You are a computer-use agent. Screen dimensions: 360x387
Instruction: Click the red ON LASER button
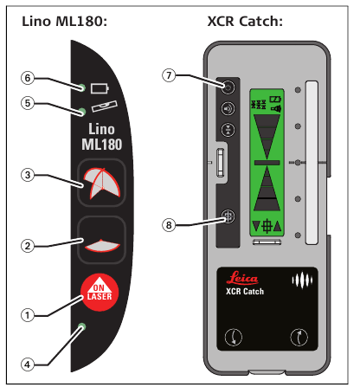pyautogui.click(x=100, y=293)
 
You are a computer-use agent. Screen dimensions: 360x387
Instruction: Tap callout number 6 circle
pyautogui.click(x=28, y=78)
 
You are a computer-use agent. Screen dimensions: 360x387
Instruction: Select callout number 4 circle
pyautogui.click(x=28, y=364)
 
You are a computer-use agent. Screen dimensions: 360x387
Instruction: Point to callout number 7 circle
pyautogui.click(x=169, y=75)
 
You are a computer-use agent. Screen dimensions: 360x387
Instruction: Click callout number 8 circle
pyautogui.click(x=169, y=225)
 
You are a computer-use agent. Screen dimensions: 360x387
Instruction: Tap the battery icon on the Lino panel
pyautogui.click(x=100, y=88)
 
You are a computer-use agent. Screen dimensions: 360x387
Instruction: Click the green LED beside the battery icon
pyautogui.click(x=82, y=87)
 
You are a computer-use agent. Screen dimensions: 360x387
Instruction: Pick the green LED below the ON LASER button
pyautogui.click(x=82, y=326)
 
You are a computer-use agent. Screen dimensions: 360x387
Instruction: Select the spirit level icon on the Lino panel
pyautogui.click(x=105, y=106)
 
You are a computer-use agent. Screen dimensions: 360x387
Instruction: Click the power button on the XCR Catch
pyautogui.click(x=228, y=87)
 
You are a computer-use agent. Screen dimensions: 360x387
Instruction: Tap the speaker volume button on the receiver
pyautogui.click(x=228, y=109)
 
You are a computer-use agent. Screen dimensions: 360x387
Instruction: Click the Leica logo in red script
pyautogui.click(x=242, y=278)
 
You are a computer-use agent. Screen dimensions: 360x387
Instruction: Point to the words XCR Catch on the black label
pyautogui.click(x=245, y=292)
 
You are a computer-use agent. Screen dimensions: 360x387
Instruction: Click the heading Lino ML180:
pyautogui.click(x=64, y=22)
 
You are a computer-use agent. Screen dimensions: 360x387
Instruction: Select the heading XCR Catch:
pyautogui.click(x=245, y=22)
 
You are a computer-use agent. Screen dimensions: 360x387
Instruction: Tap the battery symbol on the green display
pyautogui.click(x=275, y=100)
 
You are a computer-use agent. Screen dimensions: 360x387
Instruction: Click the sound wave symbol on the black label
pyautogui.click(x=302, y=281)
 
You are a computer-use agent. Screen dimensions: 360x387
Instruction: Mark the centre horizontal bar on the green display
pyautogui.click(x=267, y=163)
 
